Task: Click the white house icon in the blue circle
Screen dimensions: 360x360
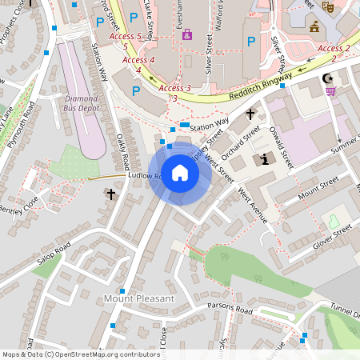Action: pyautogui.click(x=180, y=173)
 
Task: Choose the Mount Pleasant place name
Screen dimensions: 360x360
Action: pyautogui.click(x=138, y=298)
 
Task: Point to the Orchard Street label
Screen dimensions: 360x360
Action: pyautogui.click(x=241, y=142)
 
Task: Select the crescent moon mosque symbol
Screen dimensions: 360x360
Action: pyautogui.click(x=326, y=78)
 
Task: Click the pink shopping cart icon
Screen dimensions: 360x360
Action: pyautogui.click(x=331, y=91)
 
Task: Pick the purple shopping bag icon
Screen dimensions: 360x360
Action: pyautogui.click(x=188, y=35)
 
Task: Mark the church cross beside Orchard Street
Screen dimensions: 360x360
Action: pyautogui.click(x=250, y=114)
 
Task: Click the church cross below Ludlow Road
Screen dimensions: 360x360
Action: pyautogui.click(x=110, y=194)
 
